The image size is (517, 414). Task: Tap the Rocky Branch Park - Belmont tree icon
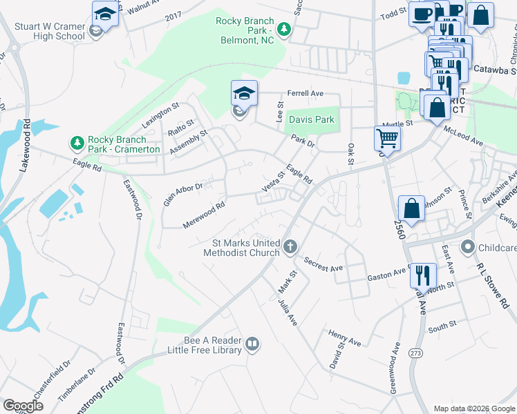pos(283,30)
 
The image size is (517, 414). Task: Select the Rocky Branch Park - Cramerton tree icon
pos(77,144)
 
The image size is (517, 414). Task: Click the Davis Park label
pos(311,119)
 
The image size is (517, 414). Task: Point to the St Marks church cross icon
pos(290,246)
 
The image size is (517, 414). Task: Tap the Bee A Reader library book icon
pos(253,344)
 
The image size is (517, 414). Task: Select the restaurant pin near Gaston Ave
pos(422,275)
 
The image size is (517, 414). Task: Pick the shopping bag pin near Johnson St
pos(411,208)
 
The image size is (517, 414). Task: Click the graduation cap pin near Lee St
pos(244,94)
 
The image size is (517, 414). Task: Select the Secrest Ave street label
pos(323,263)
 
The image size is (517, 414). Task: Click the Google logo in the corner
pos(23,405)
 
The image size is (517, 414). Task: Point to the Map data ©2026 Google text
pos(473,408)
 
